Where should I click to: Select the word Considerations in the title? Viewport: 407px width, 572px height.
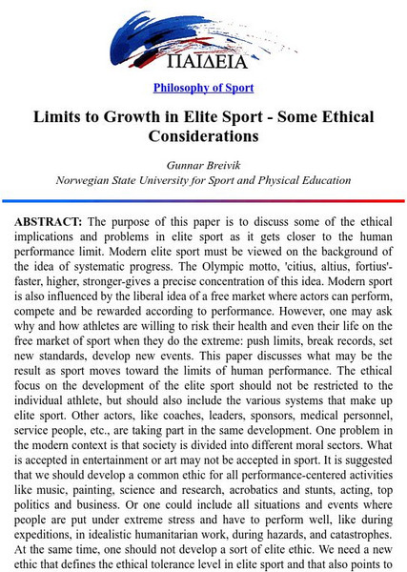pos(203,137)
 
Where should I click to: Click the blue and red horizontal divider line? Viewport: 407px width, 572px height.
pos(203,201)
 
